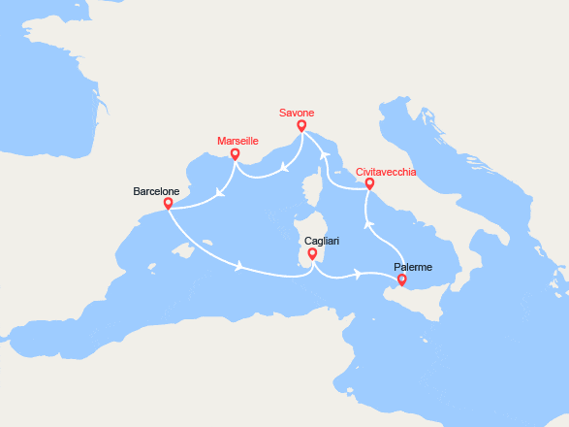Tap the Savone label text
pos(300,113)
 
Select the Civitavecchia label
pos(387,172)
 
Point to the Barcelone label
pos(156,191)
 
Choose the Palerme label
pos(413,267)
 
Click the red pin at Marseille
pos(234,153)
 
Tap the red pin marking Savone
pos(301,125)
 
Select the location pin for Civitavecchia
pos(369,182)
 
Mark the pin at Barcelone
pos(169,204)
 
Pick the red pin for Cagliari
pos(311,255)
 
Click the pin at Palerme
pos(402,280)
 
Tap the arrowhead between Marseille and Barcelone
pos(221,191)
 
